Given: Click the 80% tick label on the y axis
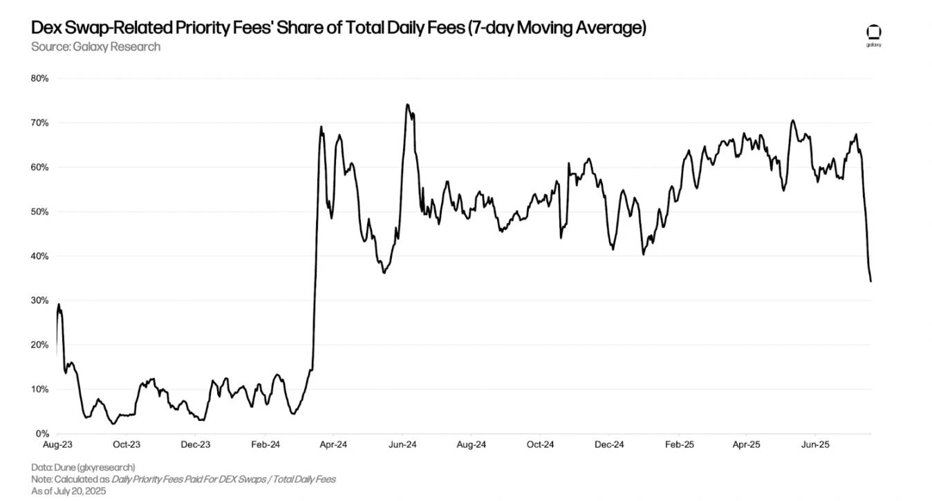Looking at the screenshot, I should point(39,79).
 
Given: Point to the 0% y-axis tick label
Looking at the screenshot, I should point(41,434).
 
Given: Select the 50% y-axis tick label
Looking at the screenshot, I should point(39,212).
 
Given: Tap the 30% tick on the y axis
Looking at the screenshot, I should point(39,301).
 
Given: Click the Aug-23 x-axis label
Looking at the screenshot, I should point(57,445).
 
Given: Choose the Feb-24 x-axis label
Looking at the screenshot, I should point(264,445).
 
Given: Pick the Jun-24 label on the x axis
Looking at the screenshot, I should point(402,445).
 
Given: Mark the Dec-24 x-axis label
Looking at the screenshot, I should point(609,445).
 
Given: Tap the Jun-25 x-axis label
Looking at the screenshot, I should point(816,445).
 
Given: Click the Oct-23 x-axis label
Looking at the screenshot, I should point(127,445).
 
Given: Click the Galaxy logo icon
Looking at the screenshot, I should point(874,32).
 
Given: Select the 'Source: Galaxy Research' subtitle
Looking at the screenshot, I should point(95,47).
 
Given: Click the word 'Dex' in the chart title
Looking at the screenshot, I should point(46,28).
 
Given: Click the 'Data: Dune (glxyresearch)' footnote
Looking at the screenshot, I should point(83,467).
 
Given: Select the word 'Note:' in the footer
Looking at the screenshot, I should point(43,479).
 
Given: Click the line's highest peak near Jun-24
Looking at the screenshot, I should point(407,105).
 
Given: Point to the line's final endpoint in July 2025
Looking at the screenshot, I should point(870,281).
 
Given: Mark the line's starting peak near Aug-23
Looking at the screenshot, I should point(59,304).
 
